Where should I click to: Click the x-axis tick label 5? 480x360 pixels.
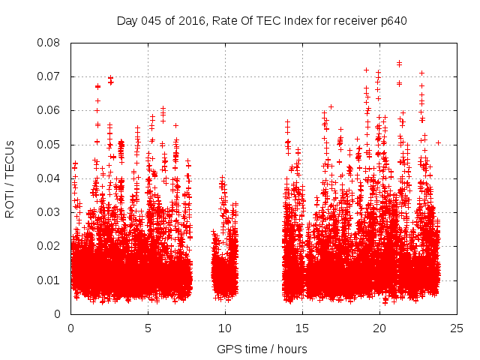coord(148,328)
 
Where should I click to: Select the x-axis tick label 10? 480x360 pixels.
coord(225,328)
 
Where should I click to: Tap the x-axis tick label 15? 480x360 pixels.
coord(302,328)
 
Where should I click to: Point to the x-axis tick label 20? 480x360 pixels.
coord(379,328)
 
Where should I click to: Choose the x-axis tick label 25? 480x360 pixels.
coord(457,328)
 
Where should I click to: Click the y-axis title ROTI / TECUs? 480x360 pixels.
coord(10,178)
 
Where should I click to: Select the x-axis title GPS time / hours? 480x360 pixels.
coord(262,349)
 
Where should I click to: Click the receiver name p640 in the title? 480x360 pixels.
coord(392,20)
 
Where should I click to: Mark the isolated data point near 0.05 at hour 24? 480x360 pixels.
coord(438,142)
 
